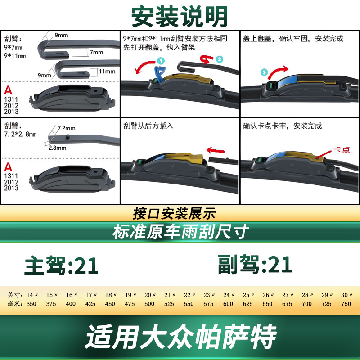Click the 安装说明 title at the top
pos(179,16)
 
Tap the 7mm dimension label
pos(96,52)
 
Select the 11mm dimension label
pos(107,72)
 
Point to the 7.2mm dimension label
pos(66,128)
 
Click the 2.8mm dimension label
pos(58,148)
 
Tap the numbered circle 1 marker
pos(161,61)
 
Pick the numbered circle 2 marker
pos(220,59)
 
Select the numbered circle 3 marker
pos(264,72)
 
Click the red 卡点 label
pos(342,150)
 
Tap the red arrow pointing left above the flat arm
pos(216,151)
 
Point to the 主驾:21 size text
pos(61,265)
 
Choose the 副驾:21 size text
pos(255,264)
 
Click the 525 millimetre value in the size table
pos(169,304)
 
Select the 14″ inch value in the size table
pos(32,295)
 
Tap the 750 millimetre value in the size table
pos(346,304)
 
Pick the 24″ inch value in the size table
pos(229,295)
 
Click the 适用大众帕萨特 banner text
pos(181,337)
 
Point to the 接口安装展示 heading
pos(175,213)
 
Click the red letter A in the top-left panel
pos(8,90)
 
